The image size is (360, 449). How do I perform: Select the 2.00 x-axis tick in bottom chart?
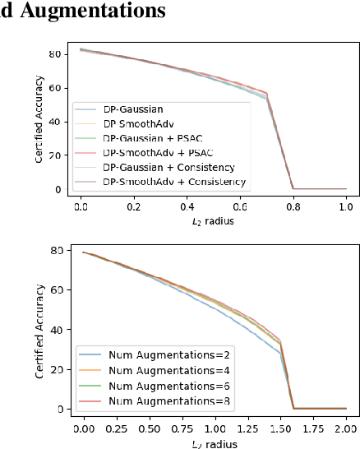pyautogui.click(x=346, y=428)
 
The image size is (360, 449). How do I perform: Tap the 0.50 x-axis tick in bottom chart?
pyautogui.click(x=150, y=428)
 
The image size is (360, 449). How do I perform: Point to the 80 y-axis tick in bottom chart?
pyautogui.click(x=57, y=250)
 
